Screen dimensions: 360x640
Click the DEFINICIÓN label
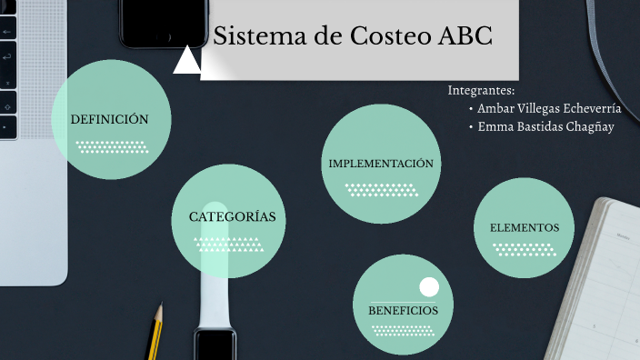click(x=109, y=119)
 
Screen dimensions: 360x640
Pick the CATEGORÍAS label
click(x=232, y=217)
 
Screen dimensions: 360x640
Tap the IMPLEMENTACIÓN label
click(x=380, y=164)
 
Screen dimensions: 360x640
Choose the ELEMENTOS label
click(x=524, y=227)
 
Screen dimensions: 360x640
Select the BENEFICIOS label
click(x=403, y=311)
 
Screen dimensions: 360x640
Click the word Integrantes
click(x=481, y=91)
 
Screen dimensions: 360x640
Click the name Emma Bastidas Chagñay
click(x=545, y=126)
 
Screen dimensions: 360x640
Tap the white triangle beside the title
click(x=186, y=60)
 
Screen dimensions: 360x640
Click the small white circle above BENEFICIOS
click(x=428, y=287)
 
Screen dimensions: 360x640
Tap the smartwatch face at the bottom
click(x=215, y=346)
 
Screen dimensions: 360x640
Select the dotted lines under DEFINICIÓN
click(x=112, y=146)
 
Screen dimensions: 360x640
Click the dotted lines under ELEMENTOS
click(x=523, y=249)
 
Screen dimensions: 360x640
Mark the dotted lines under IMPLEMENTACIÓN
click(x=381, y=190)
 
